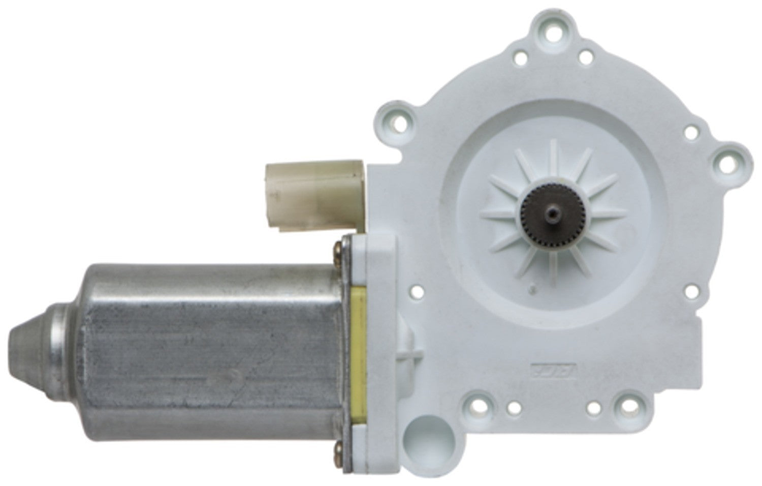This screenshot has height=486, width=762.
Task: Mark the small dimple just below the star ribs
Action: coord(532,288)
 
